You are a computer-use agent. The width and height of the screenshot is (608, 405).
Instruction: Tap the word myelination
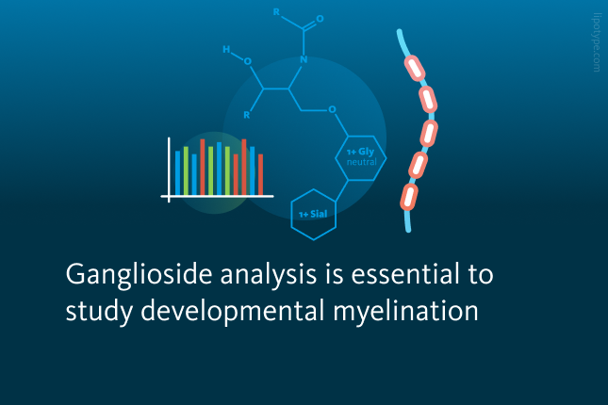coord(405,312)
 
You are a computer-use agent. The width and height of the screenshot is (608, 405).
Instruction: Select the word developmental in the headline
coord(233,312)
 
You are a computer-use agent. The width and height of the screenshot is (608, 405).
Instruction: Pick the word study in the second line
coord(99,312)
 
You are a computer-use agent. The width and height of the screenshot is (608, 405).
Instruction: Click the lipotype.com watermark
coord(597,42)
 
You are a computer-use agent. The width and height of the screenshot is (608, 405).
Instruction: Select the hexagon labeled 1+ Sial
coord(313,215)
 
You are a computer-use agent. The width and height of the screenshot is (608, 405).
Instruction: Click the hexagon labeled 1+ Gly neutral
coord(361,157)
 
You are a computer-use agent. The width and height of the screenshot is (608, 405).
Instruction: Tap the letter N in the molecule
coord(304,59)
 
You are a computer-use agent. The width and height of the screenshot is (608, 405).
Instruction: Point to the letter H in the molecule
coord(226,49)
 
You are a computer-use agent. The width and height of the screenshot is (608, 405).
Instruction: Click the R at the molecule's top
coord(276,12)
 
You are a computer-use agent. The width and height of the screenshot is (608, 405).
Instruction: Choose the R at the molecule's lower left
coord(247,115)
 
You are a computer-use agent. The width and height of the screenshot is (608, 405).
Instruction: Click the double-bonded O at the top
coord(320,19)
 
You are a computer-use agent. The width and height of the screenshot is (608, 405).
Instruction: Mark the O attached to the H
coord(247,61)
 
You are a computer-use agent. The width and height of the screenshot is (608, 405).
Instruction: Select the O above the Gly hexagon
coord(333,109)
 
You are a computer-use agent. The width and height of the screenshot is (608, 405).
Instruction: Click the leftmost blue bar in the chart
coord(177,173)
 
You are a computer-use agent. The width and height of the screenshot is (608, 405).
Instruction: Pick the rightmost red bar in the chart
coord(260,174)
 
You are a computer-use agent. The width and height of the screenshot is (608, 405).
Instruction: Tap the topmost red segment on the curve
coord(415,68)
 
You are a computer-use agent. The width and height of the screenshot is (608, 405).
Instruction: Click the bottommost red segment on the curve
coord(409,197)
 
